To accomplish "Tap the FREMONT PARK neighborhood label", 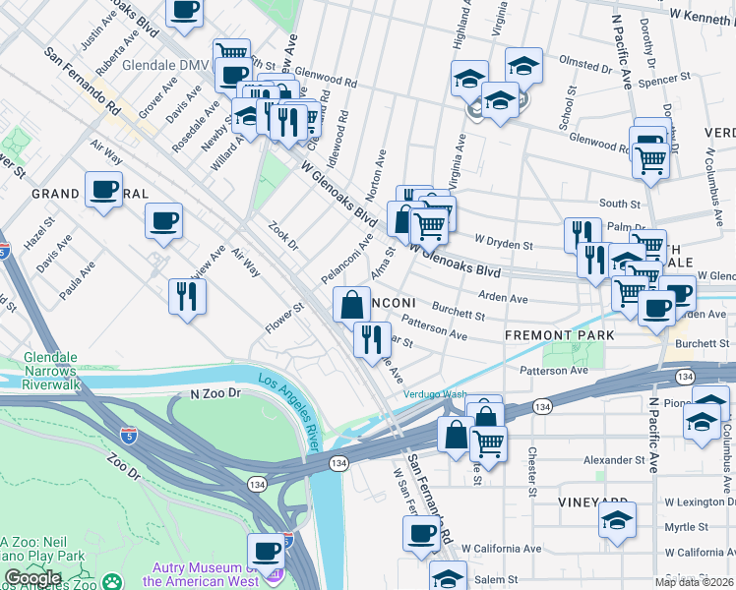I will (559, 335).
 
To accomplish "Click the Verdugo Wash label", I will (434, 395).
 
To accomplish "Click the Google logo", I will (33, 578).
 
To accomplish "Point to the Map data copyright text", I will (694, 582).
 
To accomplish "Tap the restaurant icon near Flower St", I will (186, 296).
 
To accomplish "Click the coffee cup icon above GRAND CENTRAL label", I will (103, 190).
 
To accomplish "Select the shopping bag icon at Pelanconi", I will (351, 304).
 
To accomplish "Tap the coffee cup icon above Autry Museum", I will (265, 551).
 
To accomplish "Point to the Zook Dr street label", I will (283, 237).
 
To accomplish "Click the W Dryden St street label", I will (503, 242).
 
